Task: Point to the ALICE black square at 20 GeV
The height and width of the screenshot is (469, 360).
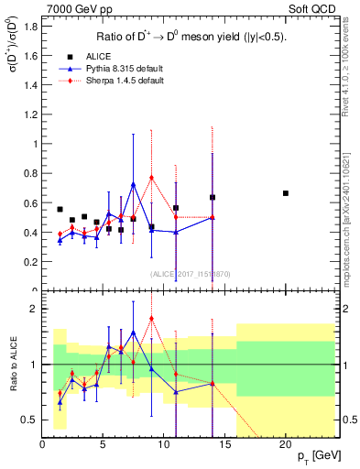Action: [286, 193]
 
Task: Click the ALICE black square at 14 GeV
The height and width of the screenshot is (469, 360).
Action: [213, 197]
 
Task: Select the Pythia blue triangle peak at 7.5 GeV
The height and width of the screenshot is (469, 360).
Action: [134, 184]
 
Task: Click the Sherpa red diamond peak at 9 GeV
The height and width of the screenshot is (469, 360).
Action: [151, 178]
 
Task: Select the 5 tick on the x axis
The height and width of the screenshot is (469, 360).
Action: [103, 444]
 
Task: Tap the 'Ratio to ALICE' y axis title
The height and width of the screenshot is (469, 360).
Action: [11, 366]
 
